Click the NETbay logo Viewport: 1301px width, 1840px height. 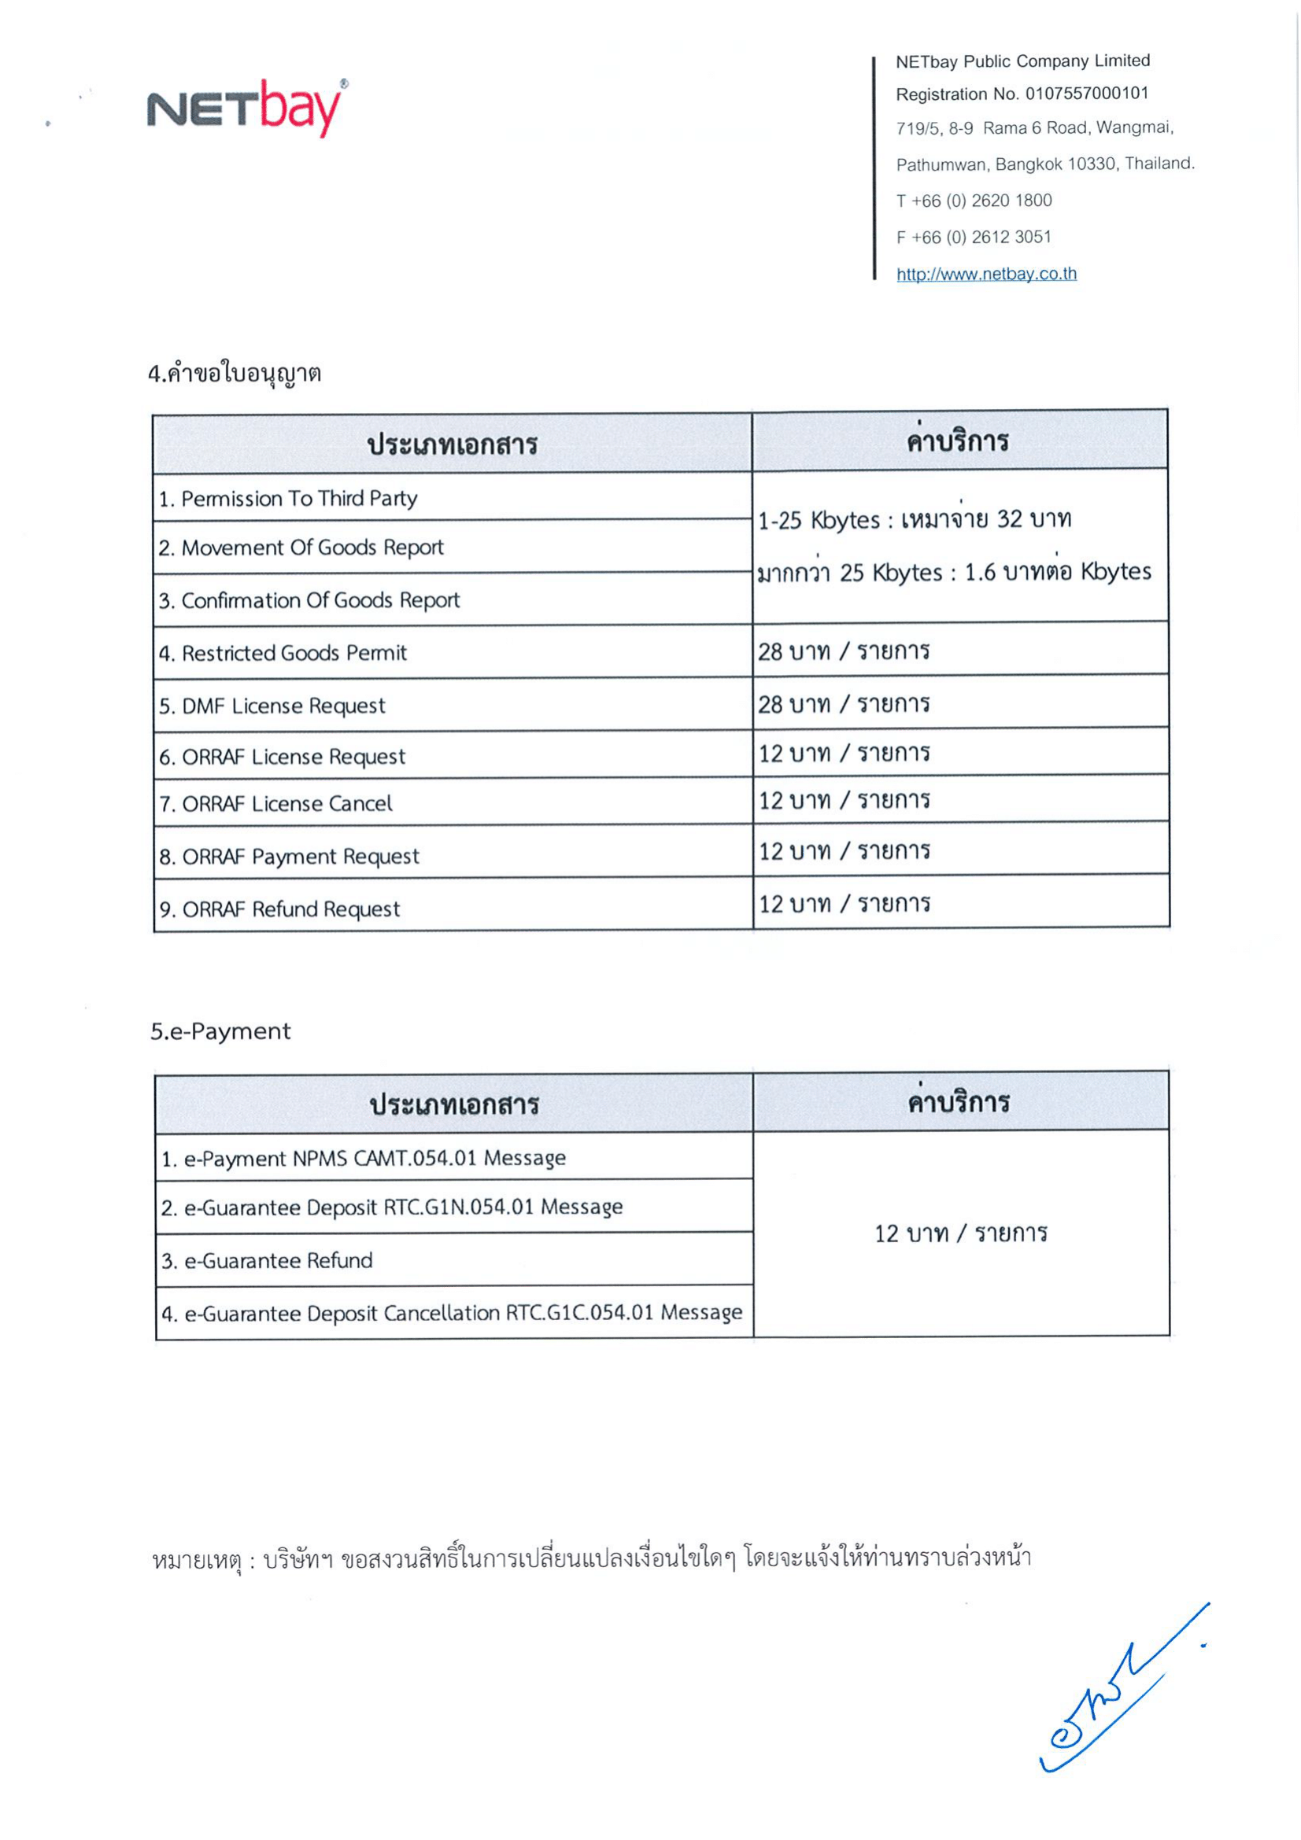click(246, 109)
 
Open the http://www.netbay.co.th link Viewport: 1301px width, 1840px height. click(986, 274)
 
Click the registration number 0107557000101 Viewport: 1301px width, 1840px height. click(1086, 94)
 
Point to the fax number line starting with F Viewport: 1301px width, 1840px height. click(973, 238)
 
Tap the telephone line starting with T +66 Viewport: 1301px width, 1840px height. click(973, 201)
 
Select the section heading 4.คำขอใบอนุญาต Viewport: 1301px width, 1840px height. click(235, 374)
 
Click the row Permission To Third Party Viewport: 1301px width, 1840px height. click(288, 499)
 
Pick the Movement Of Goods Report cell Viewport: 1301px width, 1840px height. click(301, 548)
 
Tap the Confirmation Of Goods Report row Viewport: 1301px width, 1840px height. click(309, 600)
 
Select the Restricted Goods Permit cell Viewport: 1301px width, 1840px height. click(283, 653)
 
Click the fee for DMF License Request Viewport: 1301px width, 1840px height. click(843, 704)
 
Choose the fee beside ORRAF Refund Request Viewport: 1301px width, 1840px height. click(843, 904)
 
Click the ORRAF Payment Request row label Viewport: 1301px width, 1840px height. click(290, 856)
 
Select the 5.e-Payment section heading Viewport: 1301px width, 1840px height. click(220, 1031)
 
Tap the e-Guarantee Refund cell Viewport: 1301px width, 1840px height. click(267, 1260)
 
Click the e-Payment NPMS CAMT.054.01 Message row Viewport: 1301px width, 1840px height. click(364, 1158)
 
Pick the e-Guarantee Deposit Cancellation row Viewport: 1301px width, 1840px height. click(452, 1313)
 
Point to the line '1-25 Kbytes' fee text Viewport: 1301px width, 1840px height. click(914, 520)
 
